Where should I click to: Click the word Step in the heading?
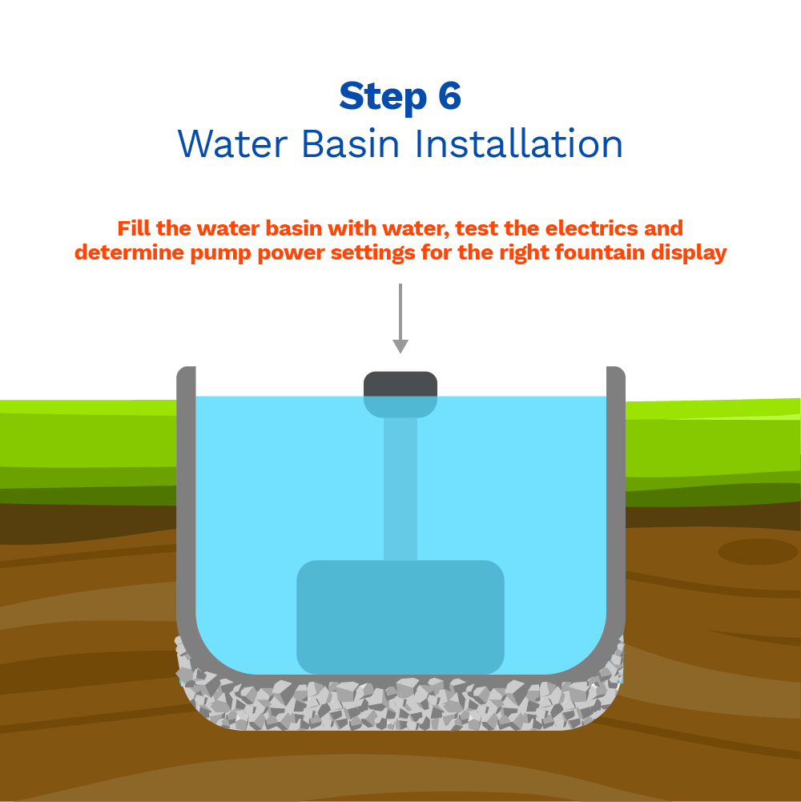click(383, 97)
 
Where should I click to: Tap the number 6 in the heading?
click(449, 95)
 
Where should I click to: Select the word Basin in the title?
click(350, 143)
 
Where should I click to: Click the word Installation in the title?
click(519, 143)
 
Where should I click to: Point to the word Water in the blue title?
click(233, 143)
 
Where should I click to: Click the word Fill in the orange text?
click(134, 228)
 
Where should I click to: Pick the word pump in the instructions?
click(220, 254)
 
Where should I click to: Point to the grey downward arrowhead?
click(400, 346)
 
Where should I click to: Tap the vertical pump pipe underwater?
click(400, 489)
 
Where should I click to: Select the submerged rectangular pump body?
click(400, 618)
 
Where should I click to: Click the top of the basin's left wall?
click(186, 370)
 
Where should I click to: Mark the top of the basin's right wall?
click(616, 370)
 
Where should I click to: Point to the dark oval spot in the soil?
click(758, 552)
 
